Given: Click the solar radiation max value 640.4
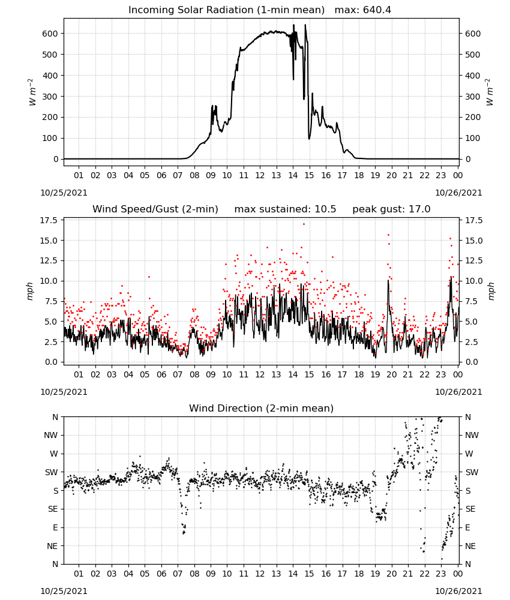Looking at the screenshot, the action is (x=377, y=10).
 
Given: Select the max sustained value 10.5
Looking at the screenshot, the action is (x=325, y=209).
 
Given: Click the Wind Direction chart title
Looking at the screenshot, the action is (x=262, y=408).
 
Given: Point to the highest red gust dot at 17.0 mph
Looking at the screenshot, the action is (x=304, y=224).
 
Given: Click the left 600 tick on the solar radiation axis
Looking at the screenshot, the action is (x=50, y=34).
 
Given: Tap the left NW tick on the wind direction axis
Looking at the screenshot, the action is (x=51, y=435).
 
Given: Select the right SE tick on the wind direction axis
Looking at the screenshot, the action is (x=470, y=509).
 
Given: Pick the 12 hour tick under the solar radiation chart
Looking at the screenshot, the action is (x=260, y=175).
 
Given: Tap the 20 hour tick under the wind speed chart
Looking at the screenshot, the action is (x=391, y=374).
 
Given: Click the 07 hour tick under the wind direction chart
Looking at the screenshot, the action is (x=178, y=574).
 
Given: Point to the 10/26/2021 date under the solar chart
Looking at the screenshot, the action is (x=458, y=193).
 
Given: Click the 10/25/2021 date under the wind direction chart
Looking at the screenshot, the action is (x=64, y=591).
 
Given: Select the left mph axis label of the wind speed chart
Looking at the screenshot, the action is (x=30, y=291).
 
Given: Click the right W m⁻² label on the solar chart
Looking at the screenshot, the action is (x=490, y=92).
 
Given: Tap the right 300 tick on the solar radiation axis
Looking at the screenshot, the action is (x=473, y=97).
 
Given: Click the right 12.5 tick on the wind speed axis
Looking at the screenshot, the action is (x=473, y=260).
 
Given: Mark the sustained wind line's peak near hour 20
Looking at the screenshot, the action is (x=388, y=280).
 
